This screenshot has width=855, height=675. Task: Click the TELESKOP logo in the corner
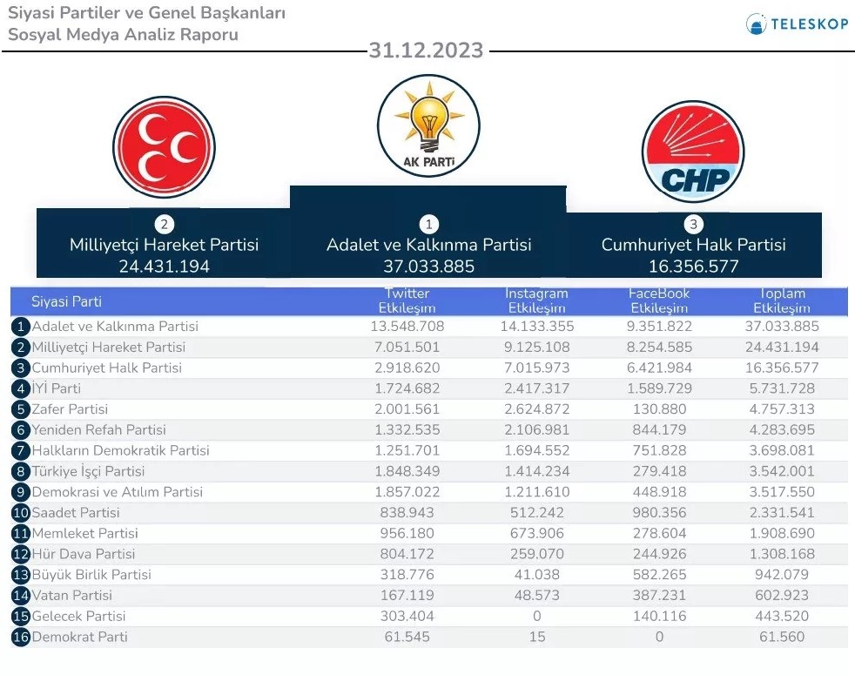[x=797, y=24]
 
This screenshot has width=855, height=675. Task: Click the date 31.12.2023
[x=426, y=51]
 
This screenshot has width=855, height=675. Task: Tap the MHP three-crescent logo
[x=164, y=147]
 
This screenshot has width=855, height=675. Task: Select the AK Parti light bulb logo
[x=427, y=125]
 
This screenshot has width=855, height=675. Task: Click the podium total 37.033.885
[x=428, y=267]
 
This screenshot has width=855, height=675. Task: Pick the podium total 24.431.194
[x=164, y=267]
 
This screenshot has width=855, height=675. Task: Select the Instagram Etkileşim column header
[x=536, y=301]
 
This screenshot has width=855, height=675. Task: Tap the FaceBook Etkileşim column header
[x=659, y=301]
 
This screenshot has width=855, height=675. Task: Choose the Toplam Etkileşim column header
[x=781, y=301]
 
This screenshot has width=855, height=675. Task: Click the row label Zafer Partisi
[x=70, y=409]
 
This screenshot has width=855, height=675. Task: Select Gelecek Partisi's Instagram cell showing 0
[x=537, y=617]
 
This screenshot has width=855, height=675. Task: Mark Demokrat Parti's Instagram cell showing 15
[x=537, y=638]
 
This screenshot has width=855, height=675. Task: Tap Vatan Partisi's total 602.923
[x=781, y=596]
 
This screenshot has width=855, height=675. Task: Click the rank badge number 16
[x=21, y=638]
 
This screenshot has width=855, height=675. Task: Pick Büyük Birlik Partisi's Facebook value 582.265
[x=659, y=575]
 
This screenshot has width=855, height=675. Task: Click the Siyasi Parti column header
[x=66, y=302]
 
